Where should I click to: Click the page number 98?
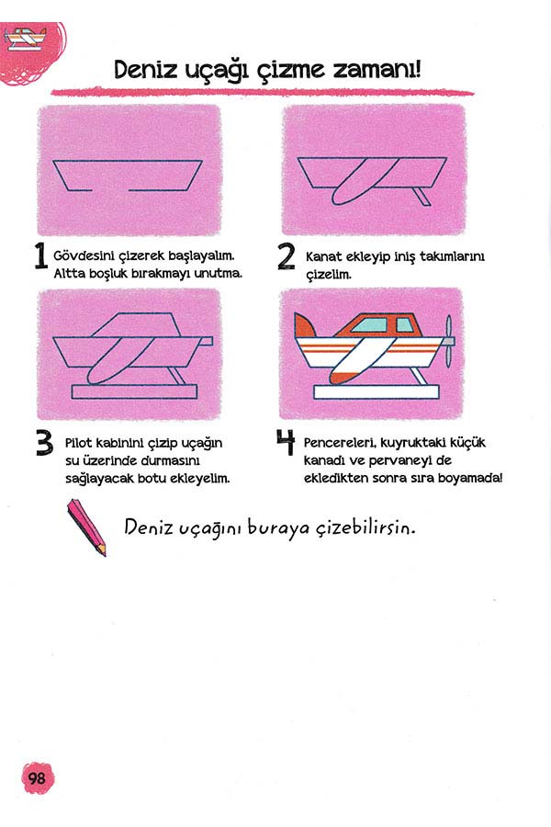37,778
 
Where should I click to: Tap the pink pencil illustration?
86,527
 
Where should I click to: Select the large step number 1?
41,255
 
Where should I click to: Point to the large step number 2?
287,257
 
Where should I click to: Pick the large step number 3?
45,443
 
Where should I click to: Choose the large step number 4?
286,441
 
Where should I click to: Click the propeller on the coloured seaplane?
448,341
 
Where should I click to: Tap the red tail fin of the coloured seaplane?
304,325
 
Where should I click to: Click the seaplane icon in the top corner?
25,39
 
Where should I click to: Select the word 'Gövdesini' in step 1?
84,255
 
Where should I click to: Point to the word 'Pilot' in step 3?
79,443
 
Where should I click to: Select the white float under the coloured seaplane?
377,391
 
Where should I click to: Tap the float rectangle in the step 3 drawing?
134,391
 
